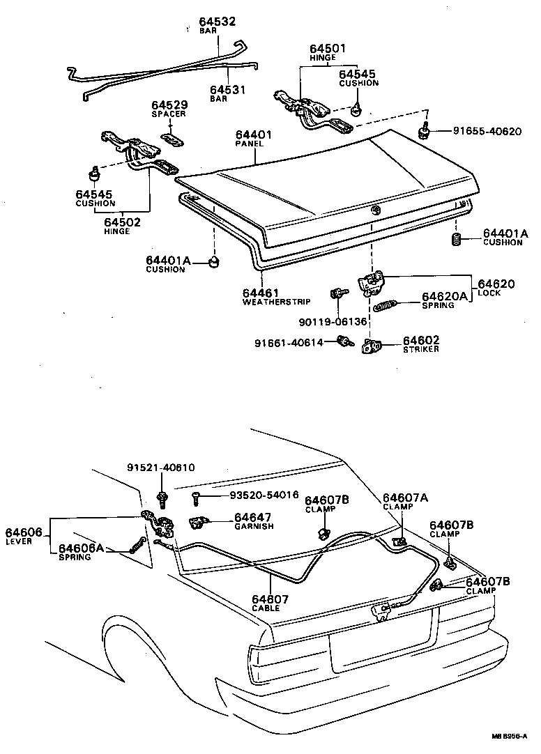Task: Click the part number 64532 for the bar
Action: coord(217,22)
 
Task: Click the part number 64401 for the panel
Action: coord(253,134)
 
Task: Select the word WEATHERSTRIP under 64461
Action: coord(276,302)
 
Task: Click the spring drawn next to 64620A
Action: coord(386,305)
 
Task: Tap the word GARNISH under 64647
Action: coord(254,526)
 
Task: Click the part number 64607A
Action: coord(404,498)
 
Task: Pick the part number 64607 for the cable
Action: coord(270,599)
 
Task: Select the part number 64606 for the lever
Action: coord(24,532)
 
